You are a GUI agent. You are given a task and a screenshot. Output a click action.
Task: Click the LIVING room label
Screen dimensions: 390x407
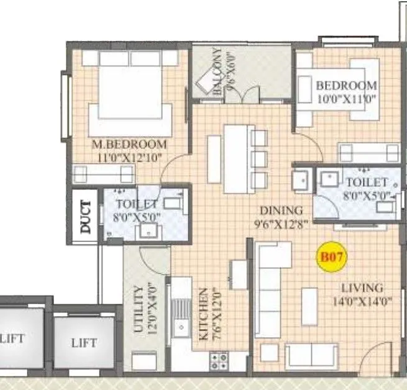click(x=362, y=288)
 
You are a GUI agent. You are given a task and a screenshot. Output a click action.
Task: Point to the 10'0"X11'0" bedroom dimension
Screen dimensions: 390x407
click(x=347, y=97)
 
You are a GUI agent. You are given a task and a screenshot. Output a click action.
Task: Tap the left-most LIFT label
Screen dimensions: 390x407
click(x=12, y=338)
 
